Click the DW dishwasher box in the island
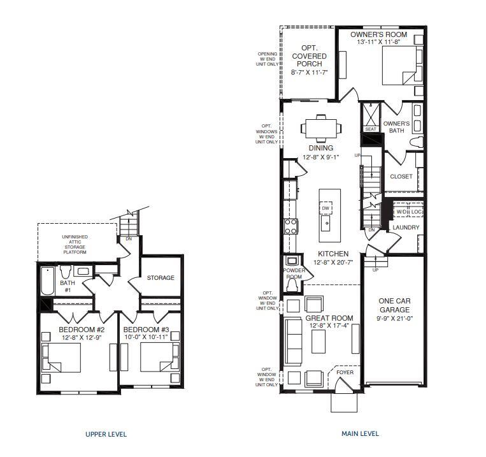[x=325, y=207]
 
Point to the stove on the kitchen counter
[x=290, y=224]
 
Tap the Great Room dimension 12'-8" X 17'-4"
[x=329, y=326]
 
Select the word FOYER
[x=345, y=372]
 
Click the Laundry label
[x=405, y=227]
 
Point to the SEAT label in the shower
[x=371, y=129]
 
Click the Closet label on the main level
[x=401, y=177]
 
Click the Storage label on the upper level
[x=161, y=278]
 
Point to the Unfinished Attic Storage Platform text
[x=75, y=245]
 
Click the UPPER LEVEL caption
[x=106, y=434]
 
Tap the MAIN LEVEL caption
[x=360, y=433]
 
